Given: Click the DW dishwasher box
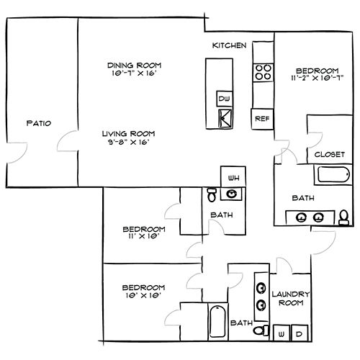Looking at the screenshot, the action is pos(225,99).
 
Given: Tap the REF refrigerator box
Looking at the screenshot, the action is pos(262,119).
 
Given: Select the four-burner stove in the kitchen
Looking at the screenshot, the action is pos(263,73).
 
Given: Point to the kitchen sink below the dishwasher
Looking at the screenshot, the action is pos(225,118).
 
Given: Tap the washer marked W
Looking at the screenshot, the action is pos(282,333).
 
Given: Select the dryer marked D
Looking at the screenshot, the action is pos(300,333).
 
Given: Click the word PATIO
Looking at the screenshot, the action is pos(39,123).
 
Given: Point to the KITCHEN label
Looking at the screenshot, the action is pos(229,45).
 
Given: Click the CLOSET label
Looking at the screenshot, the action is pos(330,154).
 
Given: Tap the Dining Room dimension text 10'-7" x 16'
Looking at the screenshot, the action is pos(135,73).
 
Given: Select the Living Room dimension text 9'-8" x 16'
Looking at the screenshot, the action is pos(129,142).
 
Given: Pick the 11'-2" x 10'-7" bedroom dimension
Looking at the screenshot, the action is pos(318,78).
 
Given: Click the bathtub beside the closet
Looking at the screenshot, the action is pos(333,174).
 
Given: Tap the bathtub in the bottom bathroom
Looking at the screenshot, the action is pos(217,321).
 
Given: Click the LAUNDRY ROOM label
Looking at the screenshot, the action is pos(291,298).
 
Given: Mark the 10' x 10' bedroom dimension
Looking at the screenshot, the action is pos(143,295).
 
